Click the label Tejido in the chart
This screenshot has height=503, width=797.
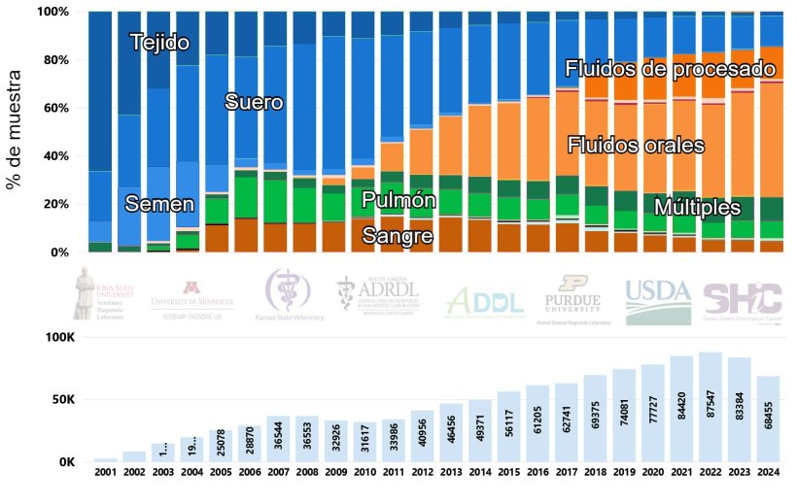click(159, 43)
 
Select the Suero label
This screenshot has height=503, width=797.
click(254, 102)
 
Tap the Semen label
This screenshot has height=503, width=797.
click(159, 204)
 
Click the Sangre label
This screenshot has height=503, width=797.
click(397, 235)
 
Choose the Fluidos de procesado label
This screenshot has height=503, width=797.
click(671, 69)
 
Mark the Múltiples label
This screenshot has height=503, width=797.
click(697, 208)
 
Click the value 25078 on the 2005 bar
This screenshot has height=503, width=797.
click(221, 445)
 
